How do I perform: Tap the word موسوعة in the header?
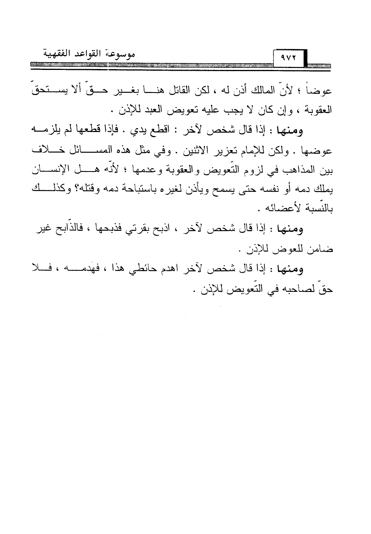[x=121, y=54]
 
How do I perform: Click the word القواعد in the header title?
[x=86, y=54]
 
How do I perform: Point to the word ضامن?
[x=321, y=249]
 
